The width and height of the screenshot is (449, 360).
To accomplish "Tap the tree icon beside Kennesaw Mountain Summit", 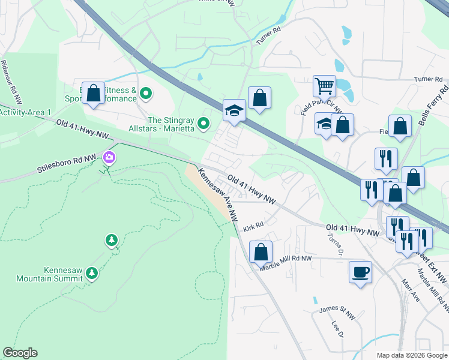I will coord(92,274).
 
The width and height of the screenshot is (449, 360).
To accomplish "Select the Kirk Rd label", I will coord(254,227).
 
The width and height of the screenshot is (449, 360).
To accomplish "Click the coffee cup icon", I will coord(360,272).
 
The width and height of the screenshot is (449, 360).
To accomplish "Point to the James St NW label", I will coord(333,310).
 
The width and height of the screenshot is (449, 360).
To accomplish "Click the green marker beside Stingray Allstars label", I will coord(204,124).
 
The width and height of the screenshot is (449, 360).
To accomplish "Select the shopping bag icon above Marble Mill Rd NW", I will coord(261,252).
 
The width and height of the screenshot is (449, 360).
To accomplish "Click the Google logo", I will coord(20,353).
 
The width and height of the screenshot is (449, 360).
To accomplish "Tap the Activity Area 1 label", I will coord(25,112).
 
